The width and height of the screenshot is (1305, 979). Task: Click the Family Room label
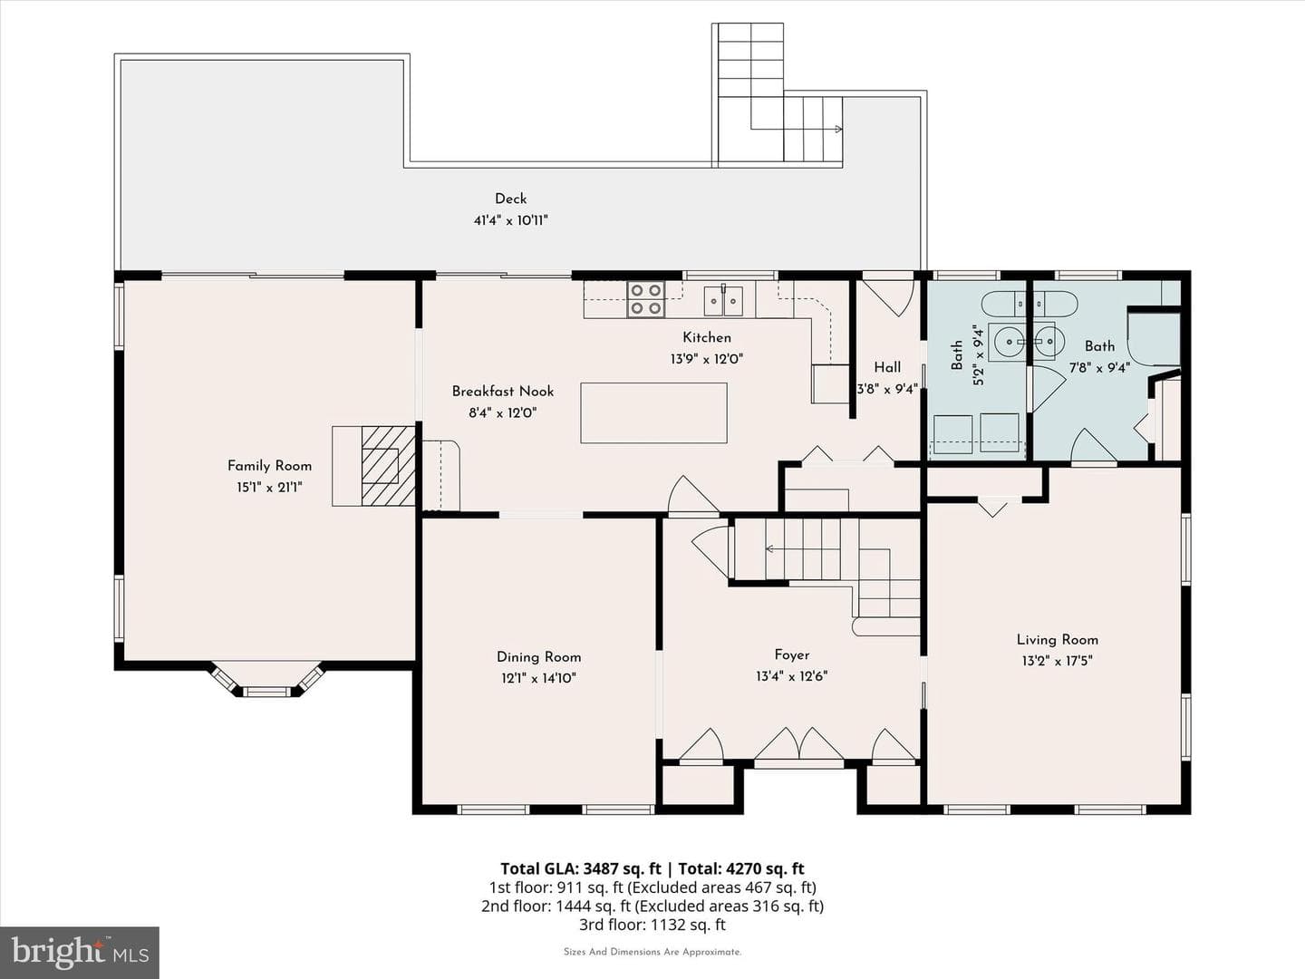tap(269, 466)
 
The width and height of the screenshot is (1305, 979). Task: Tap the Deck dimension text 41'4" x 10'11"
tap(510, 220)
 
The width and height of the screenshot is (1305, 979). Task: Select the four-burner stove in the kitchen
tap(645, 299)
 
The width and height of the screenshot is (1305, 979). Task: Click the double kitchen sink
tap(723, 300)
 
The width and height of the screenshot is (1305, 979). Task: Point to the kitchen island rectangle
tap(653, 413)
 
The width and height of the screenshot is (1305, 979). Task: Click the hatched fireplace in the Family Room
tap(388, 466)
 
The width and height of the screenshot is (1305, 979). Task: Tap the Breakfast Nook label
tap(502, 392)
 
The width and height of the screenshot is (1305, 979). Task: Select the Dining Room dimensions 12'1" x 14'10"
tap(538, 678)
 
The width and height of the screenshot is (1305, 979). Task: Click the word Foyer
tap(792, 655)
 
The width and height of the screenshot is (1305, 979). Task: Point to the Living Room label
tap(1057, 640)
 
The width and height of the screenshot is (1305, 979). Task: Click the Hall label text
tap(887, 367)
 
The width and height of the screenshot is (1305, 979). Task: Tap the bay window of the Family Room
tap(266, 680)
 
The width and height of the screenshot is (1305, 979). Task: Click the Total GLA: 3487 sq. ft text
tap(580, 869)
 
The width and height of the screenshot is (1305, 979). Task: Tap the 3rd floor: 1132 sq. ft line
tap(652, 925)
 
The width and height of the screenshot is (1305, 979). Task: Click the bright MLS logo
tap(80, 953)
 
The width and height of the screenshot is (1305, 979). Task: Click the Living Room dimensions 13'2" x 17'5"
tap(1057, 661)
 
